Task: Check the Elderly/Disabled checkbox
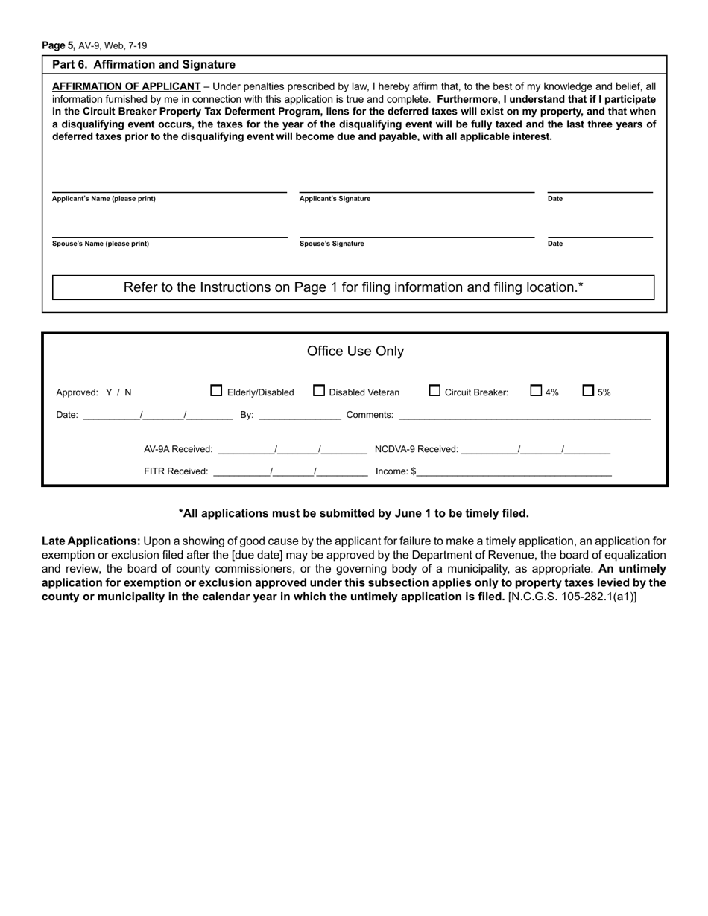[217, 390]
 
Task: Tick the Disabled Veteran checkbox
[319, 390]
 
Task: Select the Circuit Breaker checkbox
[435, 390]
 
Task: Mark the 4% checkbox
[536, 390]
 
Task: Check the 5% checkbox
[588, 390]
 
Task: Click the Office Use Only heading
[355, 351]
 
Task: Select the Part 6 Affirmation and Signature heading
[144, 65]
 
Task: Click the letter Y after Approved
[109, 392]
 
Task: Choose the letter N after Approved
[128, 392]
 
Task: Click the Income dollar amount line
[514, 471]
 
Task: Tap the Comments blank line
[524, 416]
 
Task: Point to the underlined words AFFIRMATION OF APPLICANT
[127, 86]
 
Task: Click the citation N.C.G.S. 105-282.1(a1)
[572, 597]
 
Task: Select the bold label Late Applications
[91, 541]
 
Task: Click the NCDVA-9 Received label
[417, 449]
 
